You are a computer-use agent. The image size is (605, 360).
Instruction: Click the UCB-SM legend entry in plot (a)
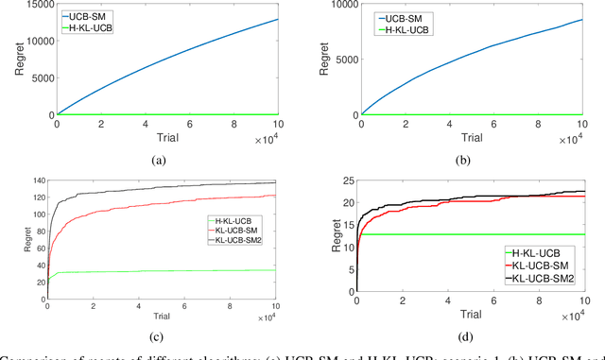pos(94,16)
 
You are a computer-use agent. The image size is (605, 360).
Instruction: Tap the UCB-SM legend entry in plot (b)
pos(396,16)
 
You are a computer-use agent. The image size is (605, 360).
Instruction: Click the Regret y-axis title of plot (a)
pos(9,61)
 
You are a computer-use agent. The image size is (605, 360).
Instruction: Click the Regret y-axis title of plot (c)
pos(9,236)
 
